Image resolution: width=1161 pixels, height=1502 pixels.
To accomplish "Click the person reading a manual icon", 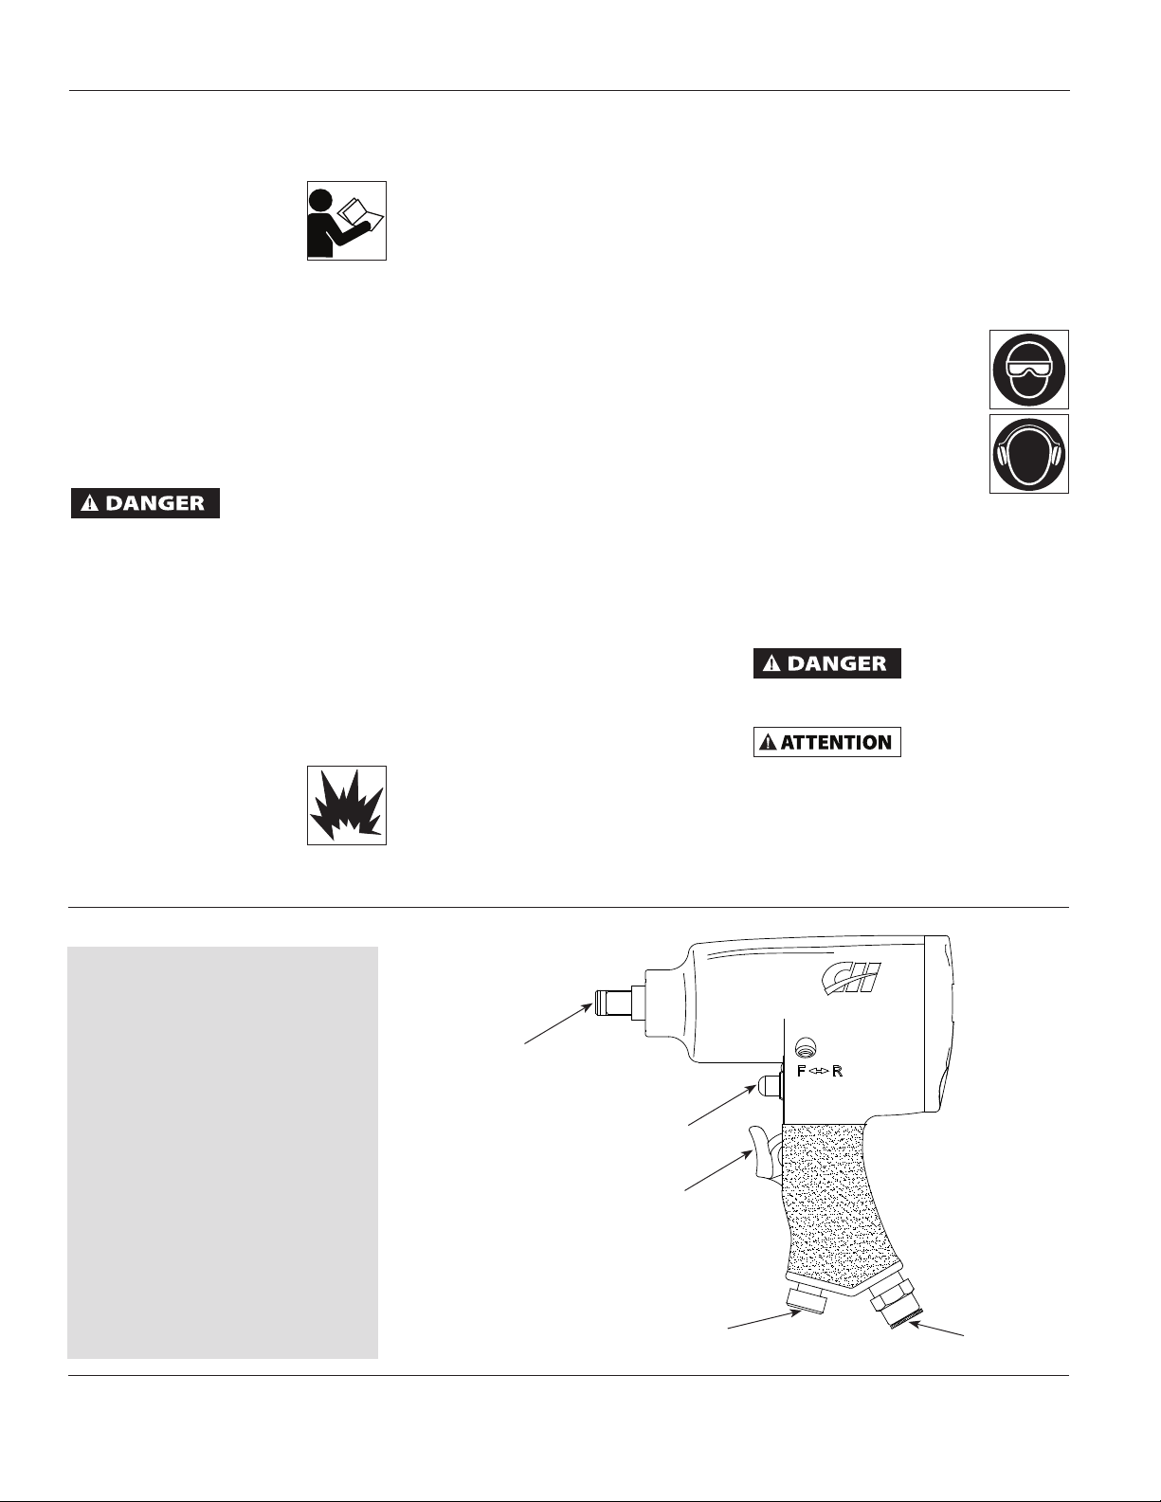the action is pyautogui.click(x=347, y=221).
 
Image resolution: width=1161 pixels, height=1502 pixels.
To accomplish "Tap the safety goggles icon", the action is pyautogui.click(x=1029, y=370).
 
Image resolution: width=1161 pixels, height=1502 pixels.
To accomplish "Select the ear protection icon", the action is pyautogui.click(x=1029, y=453).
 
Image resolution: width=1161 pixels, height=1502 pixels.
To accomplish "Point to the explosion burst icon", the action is pyautogui.click(x=347, y=805).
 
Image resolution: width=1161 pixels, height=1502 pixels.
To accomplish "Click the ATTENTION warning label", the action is pyautogui.click(x=827, y=742).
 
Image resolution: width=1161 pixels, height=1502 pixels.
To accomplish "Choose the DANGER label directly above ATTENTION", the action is pyautogui.click(x=827, y=663).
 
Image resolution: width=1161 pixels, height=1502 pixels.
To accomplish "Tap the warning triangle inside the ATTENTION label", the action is pyautogui.click(x=768, y=742).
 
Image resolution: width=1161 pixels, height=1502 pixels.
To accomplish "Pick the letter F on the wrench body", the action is pyautogui.click(x=803, y=1072).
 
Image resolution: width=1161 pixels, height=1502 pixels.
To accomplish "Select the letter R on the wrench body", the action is pyautogui.click(x=837, y=1072).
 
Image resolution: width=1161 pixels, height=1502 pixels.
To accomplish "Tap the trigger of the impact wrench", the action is pyautogui.click(x=764, y=1149).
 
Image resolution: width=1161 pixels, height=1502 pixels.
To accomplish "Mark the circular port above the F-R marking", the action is pyautogui.click(x=804, y=1048).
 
